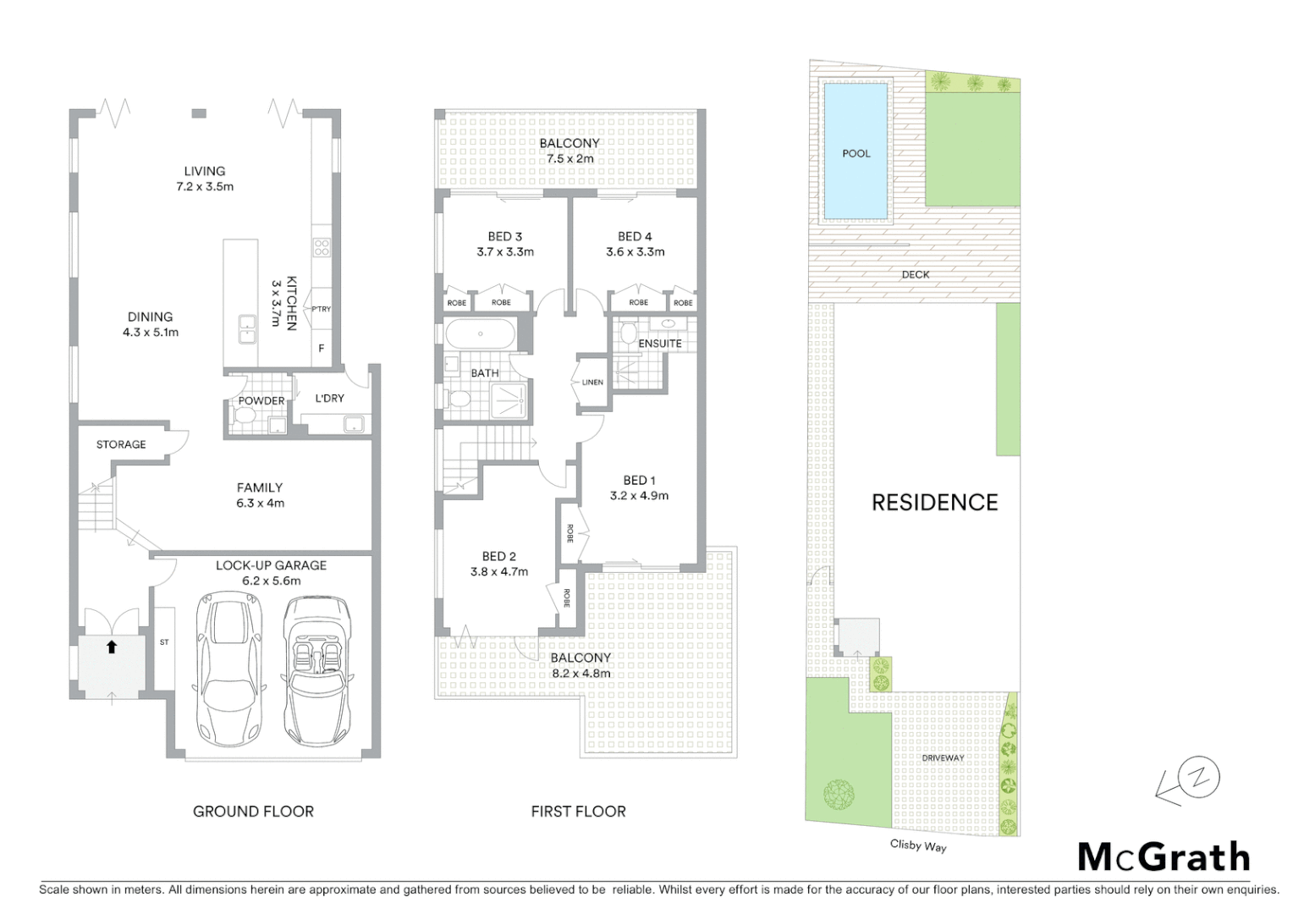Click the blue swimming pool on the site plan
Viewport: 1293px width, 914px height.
(x=856, y=151)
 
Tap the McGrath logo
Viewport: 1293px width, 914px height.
(x=1164, y=856)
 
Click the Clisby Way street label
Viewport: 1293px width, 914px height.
(x=917, y=845)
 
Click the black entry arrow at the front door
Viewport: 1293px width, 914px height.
(x=112, y=647)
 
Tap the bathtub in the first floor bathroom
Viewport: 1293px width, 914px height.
(x=480, y=334)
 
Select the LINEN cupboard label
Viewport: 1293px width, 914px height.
(x=592, y=383)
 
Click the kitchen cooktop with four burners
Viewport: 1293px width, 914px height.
(x=322, y=247)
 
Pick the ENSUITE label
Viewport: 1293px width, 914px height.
(x=660, y=343)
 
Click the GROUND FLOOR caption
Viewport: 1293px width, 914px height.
(x=253, y=811)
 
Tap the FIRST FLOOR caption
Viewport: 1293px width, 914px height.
(x=578, y=811)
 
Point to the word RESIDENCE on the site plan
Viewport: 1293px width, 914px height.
(x=934, y=503)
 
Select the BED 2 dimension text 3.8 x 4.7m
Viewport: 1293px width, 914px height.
(x=499, y=571)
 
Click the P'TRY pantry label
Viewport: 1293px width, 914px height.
(x=322, y=309)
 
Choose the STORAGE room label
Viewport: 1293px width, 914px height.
(x=121, y=444)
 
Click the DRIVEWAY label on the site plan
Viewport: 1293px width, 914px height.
(x=943, y=758)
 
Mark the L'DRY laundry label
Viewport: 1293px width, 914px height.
(x=329, y=398)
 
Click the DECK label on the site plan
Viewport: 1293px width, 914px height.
(x=915, y=274)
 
